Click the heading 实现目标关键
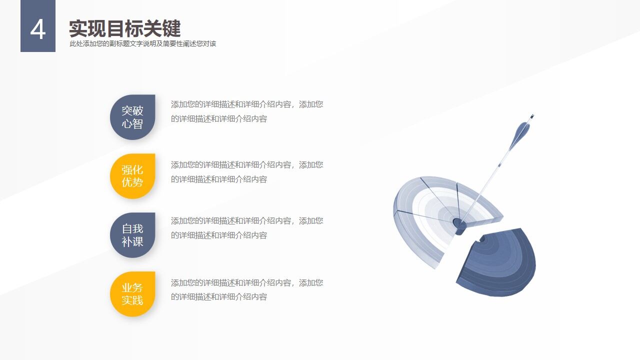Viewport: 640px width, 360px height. pyautogui.click(x=124, y=28)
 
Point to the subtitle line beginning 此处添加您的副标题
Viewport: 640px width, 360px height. pyautogui.click(x=143, y=43)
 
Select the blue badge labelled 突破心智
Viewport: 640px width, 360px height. pyautogui.click(x=132, y=117)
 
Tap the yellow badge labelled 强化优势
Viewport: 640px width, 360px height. pyautogui.click(x=132, y=176)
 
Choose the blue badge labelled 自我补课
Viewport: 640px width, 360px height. pyautogui.click(x=132, y=235)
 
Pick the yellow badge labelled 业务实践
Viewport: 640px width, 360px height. pyautogui.click(x=132, y=294)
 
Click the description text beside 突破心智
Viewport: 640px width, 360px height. pyautogui.click(x=247, y=111)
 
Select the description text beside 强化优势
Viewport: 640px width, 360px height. pyautogui.click(x=247, y=172)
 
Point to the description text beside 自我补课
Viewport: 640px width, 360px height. pyautogui.click(x=247, y=228)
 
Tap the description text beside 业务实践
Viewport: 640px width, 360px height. pyautogui.click(x=247, y=290)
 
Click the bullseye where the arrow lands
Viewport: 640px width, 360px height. pyautogui.click(x=458, y=222)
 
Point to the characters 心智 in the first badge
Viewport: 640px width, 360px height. pyautogui.click(x=132, y=123)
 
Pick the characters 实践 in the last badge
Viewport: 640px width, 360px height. pyautogui.click(x=132, y=300)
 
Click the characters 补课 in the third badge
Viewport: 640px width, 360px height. pyautogui.click(x=132, y=241)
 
